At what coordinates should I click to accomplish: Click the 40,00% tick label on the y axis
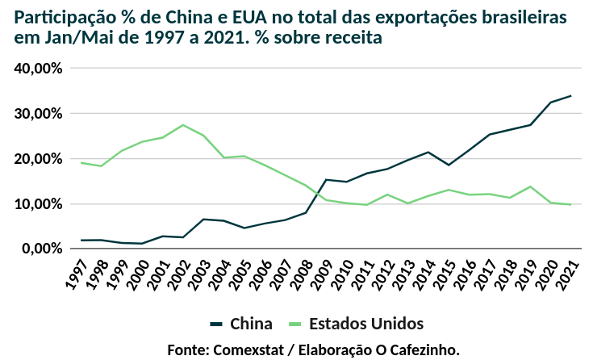point(39,69)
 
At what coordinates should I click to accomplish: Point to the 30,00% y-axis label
point(39,114)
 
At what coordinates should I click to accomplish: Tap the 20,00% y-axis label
point(39,159)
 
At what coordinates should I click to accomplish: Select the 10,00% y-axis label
point(39,204)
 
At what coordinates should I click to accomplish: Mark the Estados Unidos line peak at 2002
point(183,125)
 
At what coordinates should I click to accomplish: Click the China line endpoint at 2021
point(571,96)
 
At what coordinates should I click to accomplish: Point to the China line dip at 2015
point(449,165)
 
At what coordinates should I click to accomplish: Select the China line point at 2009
point(326,180)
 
